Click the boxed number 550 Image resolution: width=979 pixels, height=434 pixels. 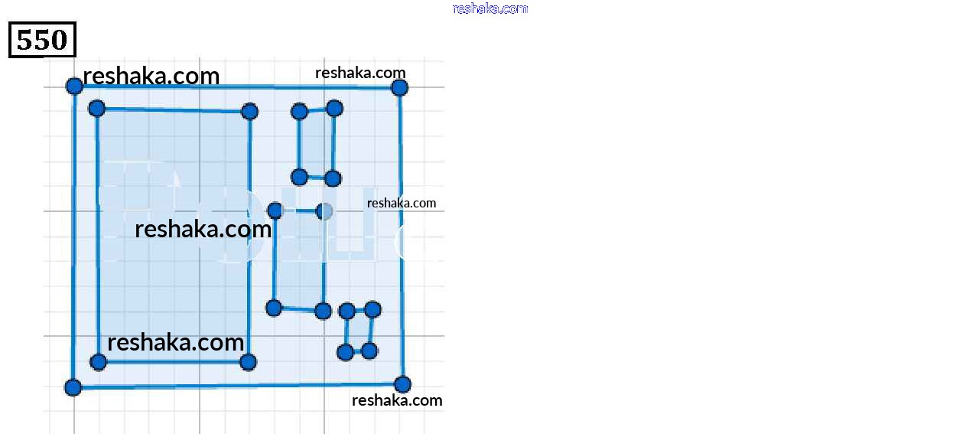pyautogui.click(x=42, y=40)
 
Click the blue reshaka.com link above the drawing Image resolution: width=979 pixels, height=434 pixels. pyautogui.click(x=489, y=8)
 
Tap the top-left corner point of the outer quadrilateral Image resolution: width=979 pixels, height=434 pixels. pyautogui.click(x=74, y=86)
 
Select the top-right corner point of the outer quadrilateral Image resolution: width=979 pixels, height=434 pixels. pyautogui.click(x=399, y=87)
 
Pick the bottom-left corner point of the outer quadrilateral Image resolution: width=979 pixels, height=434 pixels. pyautogui.click(x=73, y=387)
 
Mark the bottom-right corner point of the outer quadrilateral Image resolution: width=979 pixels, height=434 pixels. pyautogui.click(x=402, y=384)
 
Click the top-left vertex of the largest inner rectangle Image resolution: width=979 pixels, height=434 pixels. pyautogui.click(x=96, y=109)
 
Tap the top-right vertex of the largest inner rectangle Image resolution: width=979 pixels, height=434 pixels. pyautogui.click(x=249, y=112)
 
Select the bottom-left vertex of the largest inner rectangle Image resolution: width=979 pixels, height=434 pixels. pyautogui.click(x=98, y=361)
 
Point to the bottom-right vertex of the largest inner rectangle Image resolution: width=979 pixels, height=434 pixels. pyautogui.click(x=248, y=361)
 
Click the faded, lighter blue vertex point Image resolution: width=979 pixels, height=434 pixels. pyautogui.click(x=324, y=210)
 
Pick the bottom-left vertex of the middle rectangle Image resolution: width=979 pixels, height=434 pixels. pyautogui.click(x=274, y=308)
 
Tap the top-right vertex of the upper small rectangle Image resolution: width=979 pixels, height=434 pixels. pyautogui.click(x=334, y=108)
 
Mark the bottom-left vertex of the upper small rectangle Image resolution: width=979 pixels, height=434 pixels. pyautogui.click(x=300, y=177)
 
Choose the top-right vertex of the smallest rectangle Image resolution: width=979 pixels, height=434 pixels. pyautogui.click(x=372, y=309)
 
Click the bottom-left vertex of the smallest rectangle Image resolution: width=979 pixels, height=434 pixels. pyautogui.click(x=345, y=352)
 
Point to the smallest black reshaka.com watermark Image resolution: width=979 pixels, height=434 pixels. pyautogui.click(x=402, y=203)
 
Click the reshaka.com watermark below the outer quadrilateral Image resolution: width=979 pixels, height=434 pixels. pyautogui.click(x=397, y=400)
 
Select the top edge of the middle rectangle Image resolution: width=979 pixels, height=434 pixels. pyautogui.click(x=299, y=210)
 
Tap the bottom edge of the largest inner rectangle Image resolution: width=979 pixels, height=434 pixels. pyautogui.click(x=173, y=361)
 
